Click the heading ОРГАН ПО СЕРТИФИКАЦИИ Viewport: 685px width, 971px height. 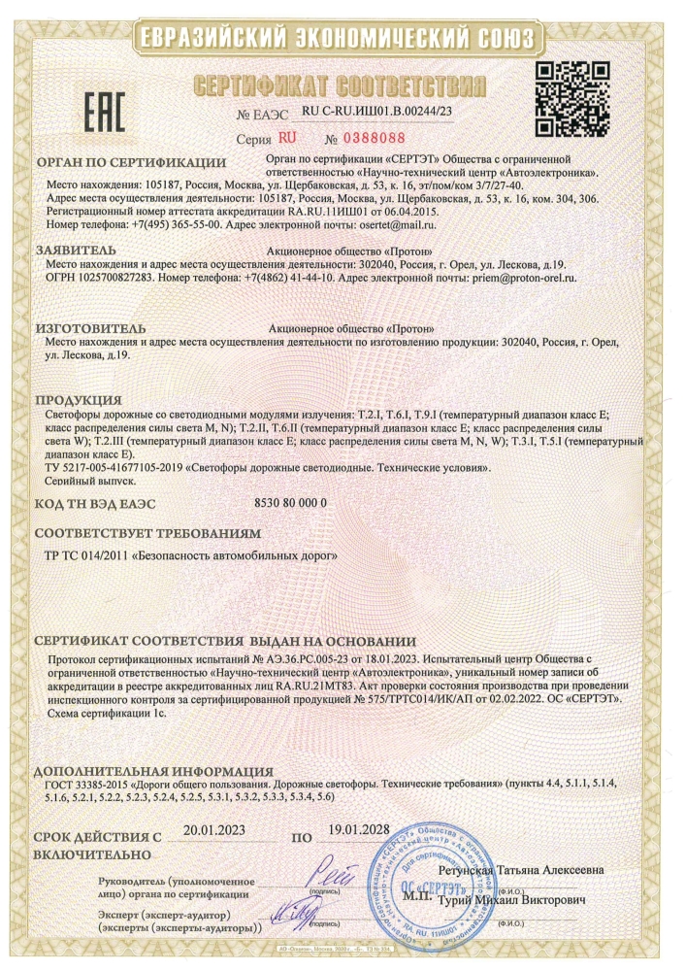pyautogui.click(x=130, y=162)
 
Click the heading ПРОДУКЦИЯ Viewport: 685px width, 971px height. pyautogui.click(x=79, y=400)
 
